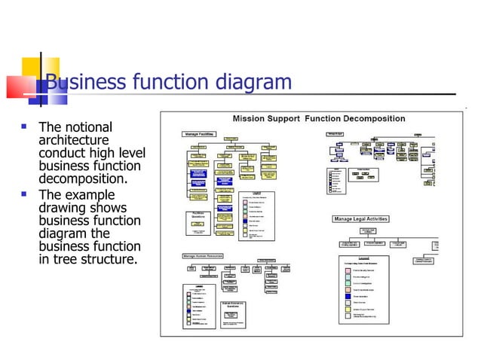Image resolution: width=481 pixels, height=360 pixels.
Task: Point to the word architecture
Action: tap(73, 140)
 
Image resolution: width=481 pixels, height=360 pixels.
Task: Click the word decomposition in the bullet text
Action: tap(83, 179)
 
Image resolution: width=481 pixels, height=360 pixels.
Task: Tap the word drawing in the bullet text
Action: tap(63, 208)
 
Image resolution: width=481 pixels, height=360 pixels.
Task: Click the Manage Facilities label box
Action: tap(201, 134)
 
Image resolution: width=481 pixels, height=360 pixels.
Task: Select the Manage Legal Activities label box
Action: tap(361, 219)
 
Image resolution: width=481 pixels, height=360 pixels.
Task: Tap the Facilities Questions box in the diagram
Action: tap(197, 218)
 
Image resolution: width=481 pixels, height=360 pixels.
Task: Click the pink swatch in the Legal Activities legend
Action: tap(348, 270)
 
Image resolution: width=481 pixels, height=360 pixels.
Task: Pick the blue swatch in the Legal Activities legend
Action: tap(348, 295)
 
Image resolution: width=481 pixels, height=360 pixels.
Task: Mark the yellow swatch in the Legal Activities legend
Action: tap(348, 309)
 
